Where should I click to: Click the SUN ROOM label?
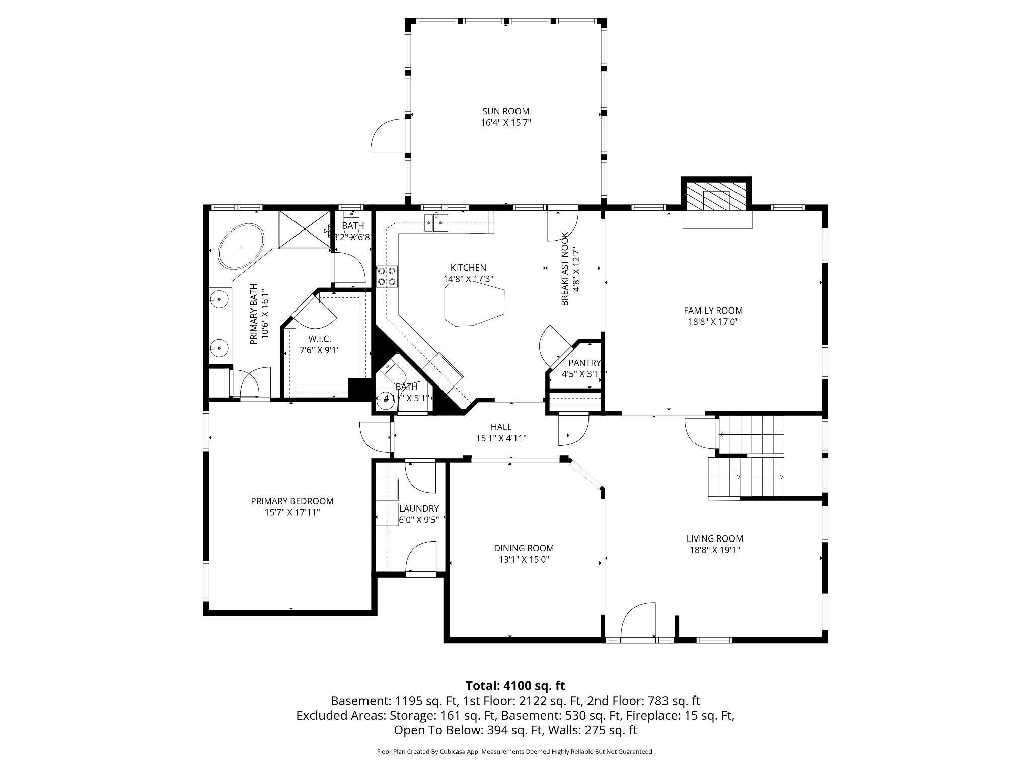coord(505,111)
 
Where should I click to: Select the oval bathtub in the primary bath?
coord(241,247)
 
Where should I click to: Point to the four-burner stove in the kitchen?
coord(387,276)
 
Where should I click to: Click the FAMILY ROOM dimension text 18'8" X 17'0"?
coord(713,322)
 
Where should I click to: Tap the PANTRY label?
coord(584,363)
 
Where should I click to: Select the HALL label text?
coord(501,427)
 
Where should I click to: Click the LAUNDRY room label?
coord(419,508)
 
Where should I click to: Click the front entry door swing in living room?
coord(638,621)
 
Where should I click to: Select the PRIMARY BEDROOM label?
coord(292,501)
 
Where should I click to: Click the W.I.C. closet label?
coord(320,339)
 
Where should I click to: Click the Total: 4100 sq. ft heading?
coord(515,686)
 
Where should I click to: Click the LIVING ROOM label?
coord(714,538)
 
